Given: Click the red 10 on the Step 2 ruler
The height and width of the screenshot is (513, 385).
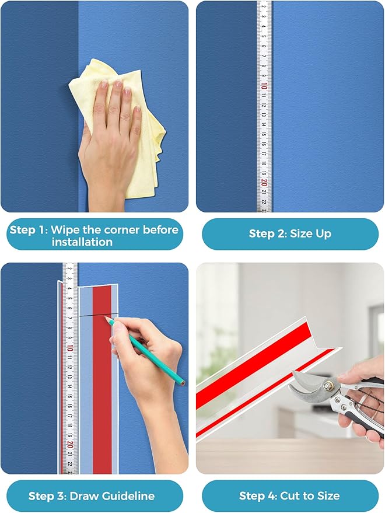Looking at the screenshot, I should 264,86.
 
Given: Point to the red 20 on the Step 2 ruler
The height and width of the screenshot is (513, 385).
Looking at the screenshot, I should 264,182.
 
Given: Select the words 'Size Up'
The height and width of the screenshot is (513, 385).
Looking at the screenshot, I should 310,234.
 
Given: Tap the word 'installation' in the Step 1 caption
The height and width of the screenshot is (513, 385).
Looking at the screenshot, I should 82,242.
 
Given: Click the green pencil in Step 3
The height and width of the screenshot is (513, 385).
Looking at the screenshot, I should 149,354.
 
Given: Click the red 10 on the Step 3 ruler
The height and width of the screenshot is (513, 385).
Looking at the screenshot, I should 70,348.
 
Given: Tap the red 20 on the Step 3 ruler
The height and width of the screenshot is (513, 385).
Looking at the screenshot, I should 70,444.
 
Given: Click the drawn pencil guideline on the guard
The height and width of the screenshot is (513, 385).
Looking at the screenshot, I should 93,315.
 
